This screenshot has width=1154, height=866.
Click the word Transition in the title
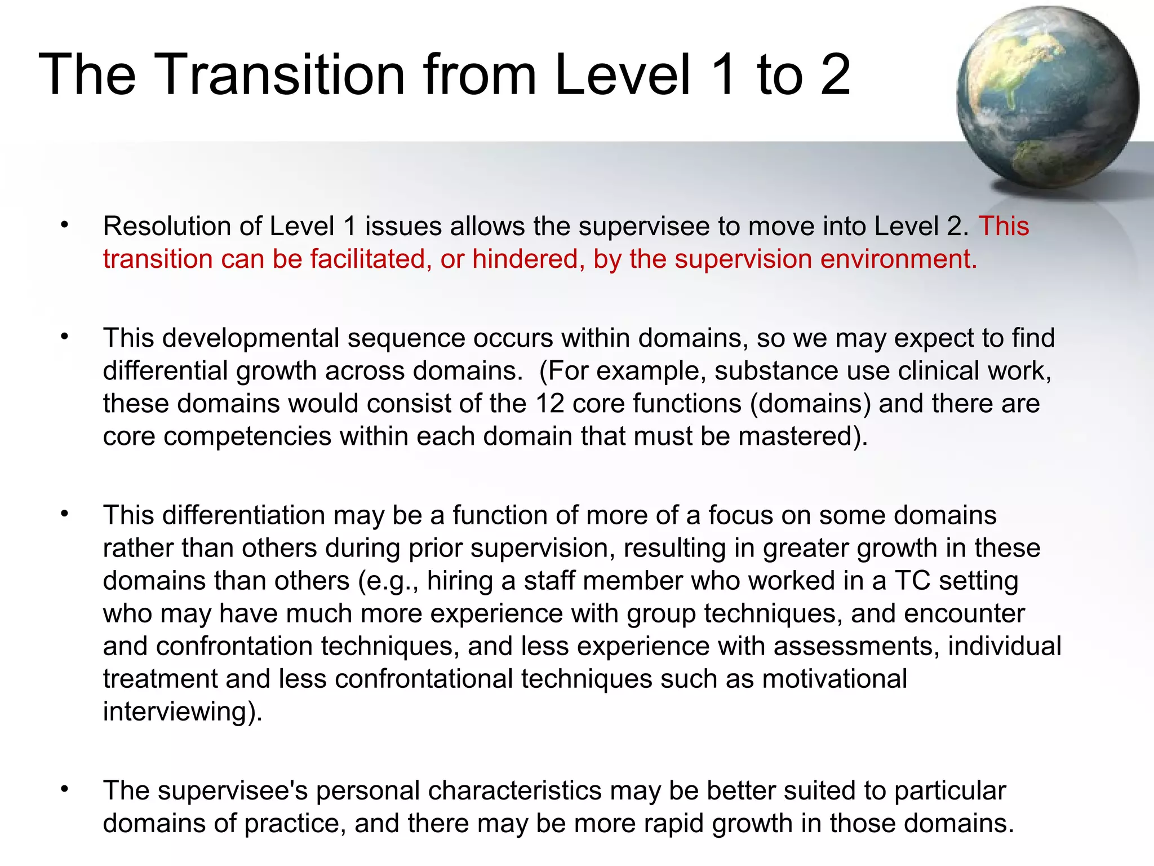pyautogui.click(x=279, y=74)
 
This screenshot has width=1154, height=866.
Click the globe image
pyautogui.click(x=1047, y=97)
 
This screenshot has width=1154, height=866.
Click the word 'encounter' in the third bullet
pyautogui.click(x=965, y=613)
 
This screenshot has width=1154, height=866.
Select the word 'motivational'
pyautogui.click(x=834, y=679)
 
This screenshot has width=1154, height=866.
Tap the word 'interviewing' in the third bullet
pyautogui.click(x=179, y=712)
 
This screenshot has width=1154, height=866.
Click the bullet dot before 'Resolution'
pyautogui.click(x=65, y=226)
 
